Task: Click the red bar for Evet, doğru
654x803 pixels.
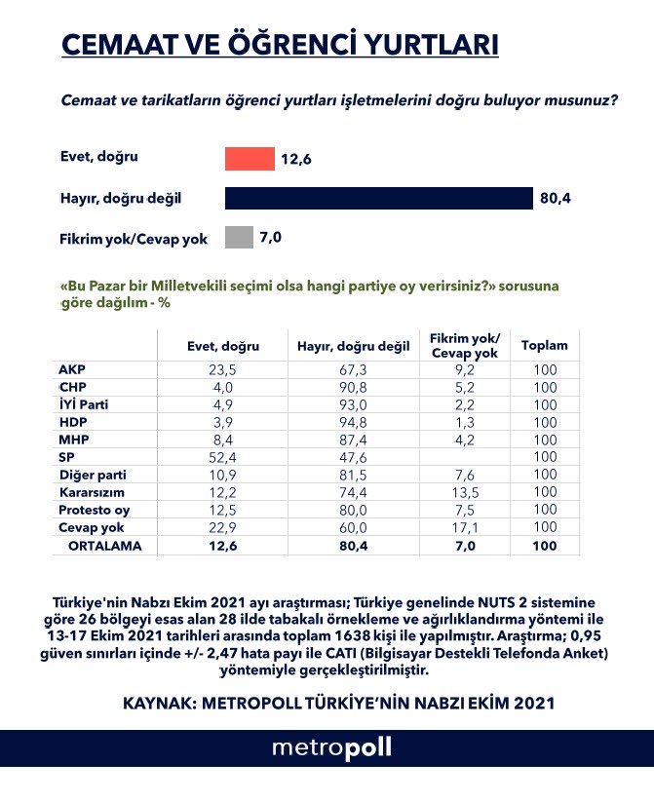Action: coord(250,159)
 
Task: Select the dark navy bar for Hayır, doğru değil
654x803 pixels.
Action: coord(378,198)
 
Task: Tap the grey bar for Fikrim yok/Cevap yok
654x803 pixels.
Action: coord(239,237)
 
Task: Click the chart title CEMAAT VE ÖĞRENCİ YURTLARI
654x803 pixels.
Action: coord(281,46)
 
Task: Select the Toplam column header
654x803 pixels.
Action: coord(544,346)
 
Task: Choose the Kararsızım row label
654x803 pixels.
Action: coord(90,493)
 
